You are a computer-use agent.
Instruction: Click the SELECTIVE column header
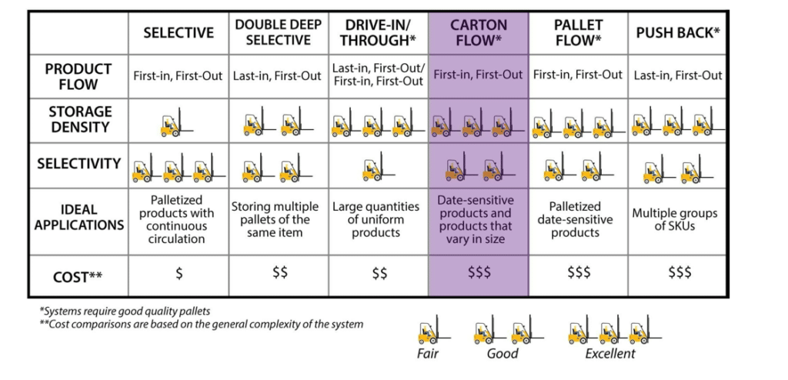pos(179,32)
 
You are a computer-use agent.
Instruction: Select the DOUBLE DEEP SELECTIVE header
pos(278,32)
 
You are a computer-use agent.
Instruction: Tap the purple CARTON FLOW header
pos(478,32)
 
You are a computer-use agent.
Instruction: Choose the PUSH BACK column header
pos(678,32)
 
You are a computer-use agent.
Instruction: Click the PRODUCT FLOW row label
pos(78,76)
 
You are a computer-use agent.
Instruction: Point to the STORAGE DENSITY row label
pos(78,120)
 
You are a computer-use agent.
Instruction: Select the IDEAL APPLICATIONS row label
pos(78,218)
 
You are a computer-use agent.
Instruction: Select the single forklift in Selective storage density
pos(174,122)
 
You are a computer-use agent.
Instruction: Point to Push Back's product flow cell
pos(678,75)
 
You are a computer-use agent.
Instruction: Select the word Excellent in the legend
pos(610,354)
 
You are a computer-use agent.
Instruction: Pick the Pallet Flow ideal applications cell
pos(578,219)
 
